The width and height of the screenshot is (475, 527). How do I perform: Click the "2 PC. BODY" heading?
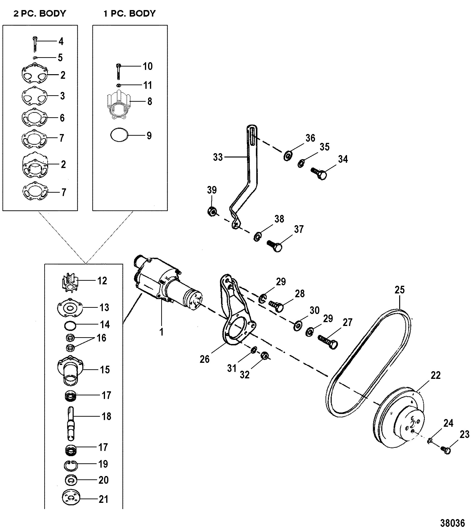40,13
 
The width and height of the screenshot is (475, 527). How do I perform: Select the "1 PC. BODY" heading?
129,13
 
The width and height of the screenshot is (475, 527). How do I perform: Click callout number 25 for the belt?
400,290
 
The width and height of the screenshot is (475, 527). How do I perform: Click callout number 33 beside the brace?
218,157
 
